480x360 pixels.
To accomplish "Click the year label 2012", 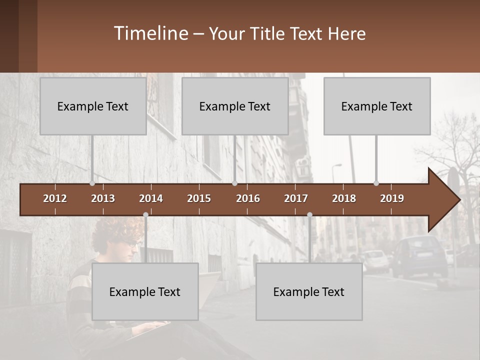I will (55, 198).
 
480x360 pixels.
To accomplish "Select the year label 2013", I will (103, 198).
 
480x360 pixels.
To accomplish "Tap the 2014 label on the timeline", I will (151, 198).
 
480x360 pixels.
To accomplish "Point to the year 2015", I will (199, 198).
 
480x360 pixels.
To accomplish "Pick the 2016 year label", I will (248, 198).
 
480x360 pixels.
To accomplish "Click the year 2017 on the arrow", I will (296, 198).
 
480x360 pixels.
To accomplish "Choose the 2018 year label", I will (344, 198).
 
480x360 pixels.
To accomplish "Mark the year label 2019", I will (392, 198).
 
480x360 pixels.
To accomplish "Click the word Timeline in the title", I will (150, 33).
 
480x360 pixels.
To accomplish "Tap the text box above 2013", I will (93, 106).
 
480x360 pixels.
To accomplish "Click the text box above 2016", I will (235, 106).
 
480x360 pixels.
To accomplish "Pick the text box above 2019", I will (377, 106).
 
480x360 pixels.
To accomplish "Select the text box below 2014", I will (145, 291).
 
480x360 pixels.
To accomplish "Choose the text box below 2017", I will (309, 291).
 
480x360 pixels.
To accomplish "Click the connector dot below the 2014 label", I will (145, 215).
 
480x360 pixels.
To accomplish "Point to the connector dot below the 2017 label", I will (309, 215).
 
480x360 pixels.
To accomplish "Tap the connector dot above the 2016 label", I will (234, 183).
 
